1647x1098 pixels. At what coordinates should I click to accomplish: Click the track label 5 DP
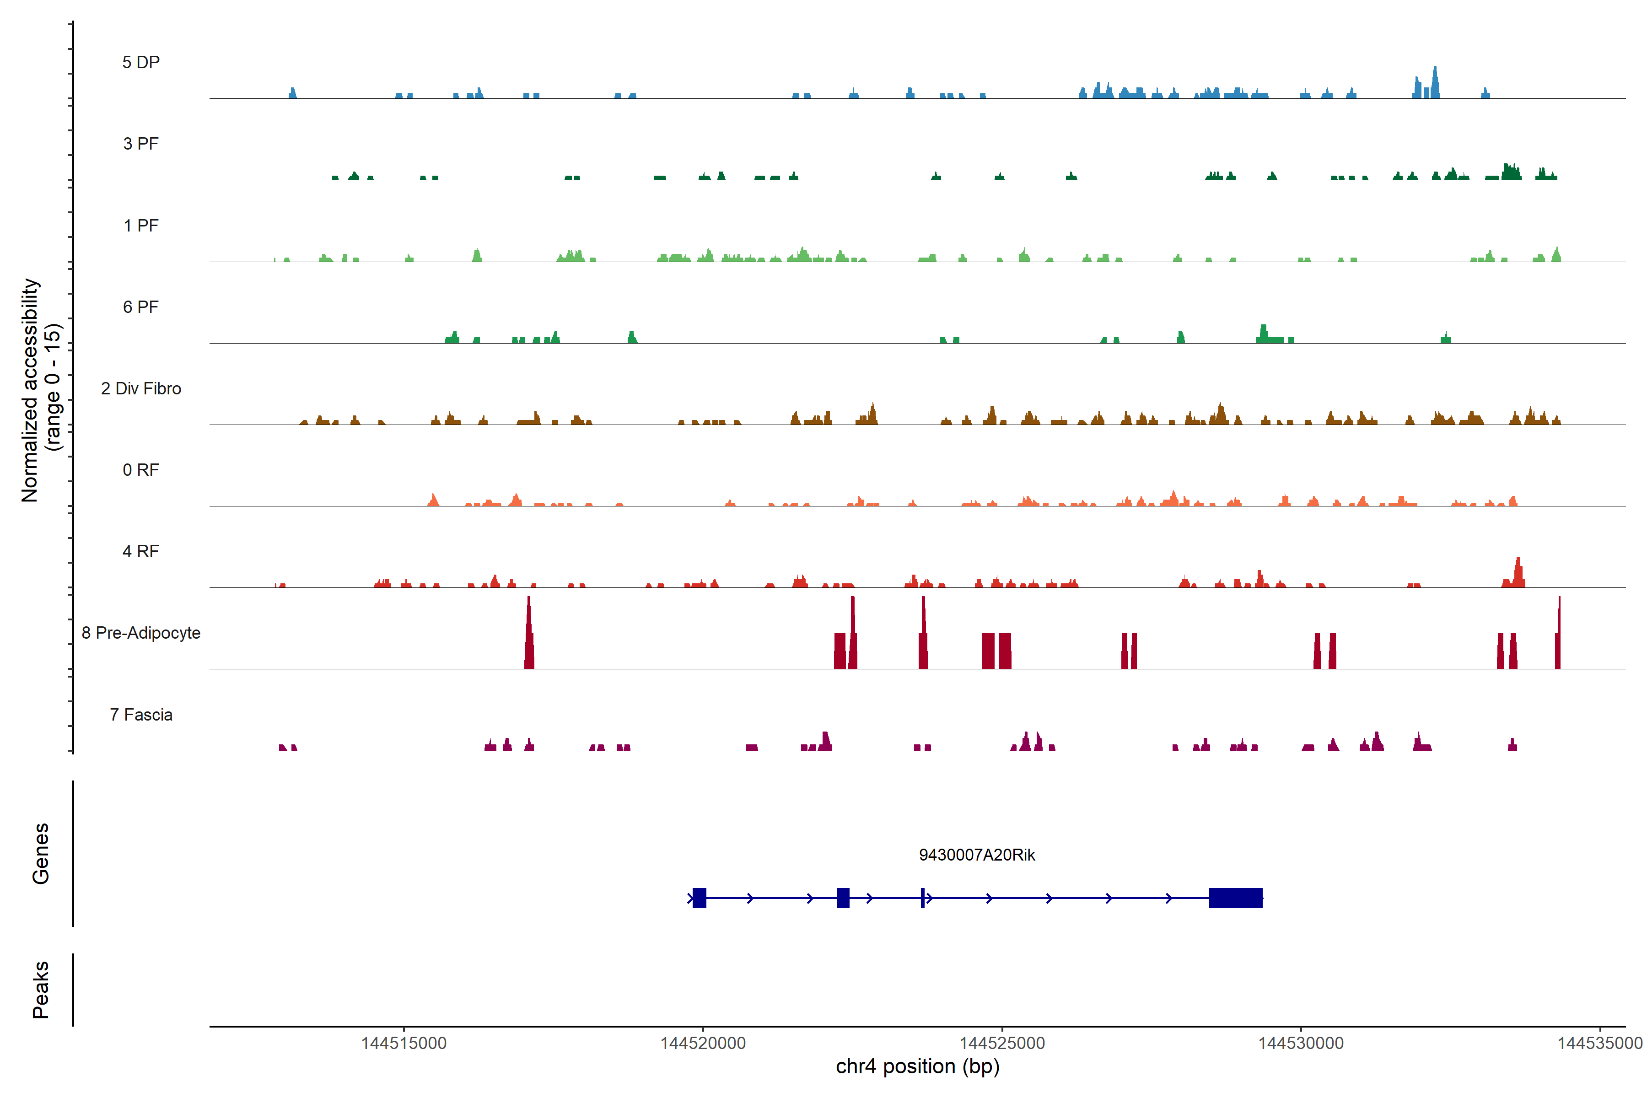tap(141, 62)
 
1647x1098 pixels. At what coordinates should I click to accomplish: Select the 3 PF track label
tap(141, 144)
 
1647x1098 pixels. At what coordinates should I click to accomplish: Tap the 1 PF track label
tap(141, 226)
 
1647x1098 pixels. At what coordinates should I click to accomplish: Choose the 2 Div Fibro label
tap(141, 388)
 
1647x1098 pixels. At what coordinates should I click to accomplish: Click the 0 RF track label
tap(141, 470)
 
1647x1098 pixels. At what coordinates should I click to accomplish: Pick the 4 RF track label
tap(141, 551)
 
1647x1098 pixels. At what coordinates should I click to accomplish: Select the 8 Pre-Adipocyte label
tap(141, 633)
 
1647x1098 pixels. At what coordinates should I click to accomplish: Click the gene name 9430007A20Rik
tap(977, 855)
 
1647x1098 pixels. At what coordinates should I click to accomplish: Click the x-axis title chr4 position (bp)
tap(917, 1066)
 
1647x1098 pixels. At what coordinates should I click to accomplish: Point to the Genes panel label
tap(41, 854)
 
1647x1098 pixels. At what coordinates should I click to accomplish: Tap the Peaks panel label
tap(41, 990)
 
